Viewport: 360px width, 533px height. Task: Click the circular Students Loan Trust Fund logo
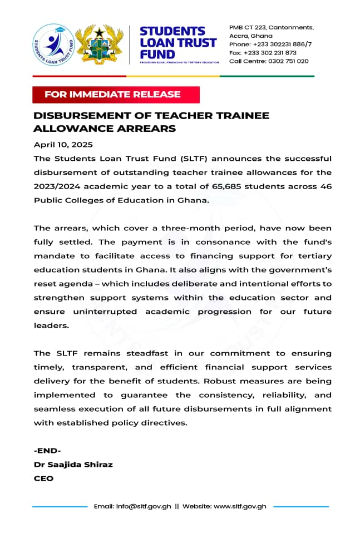click(53, 43)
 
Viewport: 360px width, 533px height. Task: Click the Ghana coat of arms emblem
click(100, 43)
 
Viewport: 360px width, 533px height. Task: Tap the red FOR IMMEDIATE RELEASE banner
click(115, 94)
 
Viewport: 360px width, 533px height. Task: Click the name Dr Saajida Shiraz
click(73, 464)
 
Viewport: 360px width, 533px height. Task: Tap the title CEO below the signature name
click(43, 478)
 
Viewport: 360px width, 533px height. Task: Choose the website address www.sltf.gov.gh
click(240, 506)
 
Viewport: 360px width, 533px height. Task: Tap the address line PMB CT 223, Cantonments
click(272, 27)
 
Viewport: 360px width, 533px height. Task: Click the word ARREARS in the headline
click(144, 129)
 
